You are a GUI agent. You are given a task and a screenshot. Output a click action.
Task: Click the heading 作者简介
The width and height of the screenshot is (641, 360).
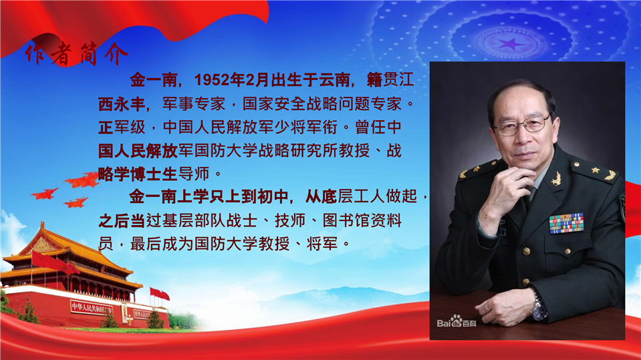coord(76,54)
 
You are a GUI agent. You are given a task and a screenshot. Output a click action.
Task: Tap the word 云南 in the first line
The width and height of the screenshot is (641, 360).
coord(334,80)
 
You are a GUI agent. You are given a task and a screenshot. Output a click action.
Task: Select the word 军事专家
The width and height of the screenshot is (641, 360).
coord(194,104)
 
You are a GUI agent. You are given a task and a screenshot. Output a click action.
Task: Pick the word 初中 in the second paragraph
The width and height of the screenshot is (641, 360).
coord(273,197)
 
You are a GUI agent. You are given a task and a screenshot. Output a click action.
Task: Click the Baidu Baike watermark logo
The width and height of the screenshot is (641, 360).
coord(457,321)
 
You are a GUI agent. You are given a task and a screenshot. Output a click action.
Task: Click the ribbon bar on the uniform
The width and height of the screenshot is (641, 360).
coord(566,224)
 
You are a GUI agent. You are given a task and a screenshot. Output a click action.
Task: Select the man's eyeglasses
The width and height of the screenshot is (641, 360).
coord(521,126)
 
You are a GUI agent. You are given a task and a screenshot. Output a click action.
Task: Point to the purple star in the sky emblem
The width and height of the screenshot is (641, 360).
coord(511,43)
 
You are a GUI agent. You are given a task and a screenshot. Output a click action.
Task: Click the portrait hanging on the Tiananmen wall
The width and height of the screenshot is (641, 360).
coord(124,313)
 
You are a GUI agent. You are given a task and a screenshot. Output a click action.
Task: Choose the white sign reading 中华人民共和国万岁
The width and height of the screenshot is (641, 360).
coord(92,308)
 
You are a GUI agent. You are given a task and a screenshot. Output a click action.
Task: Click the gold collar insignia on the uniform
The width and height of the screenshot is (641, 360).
coord(555,178)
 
